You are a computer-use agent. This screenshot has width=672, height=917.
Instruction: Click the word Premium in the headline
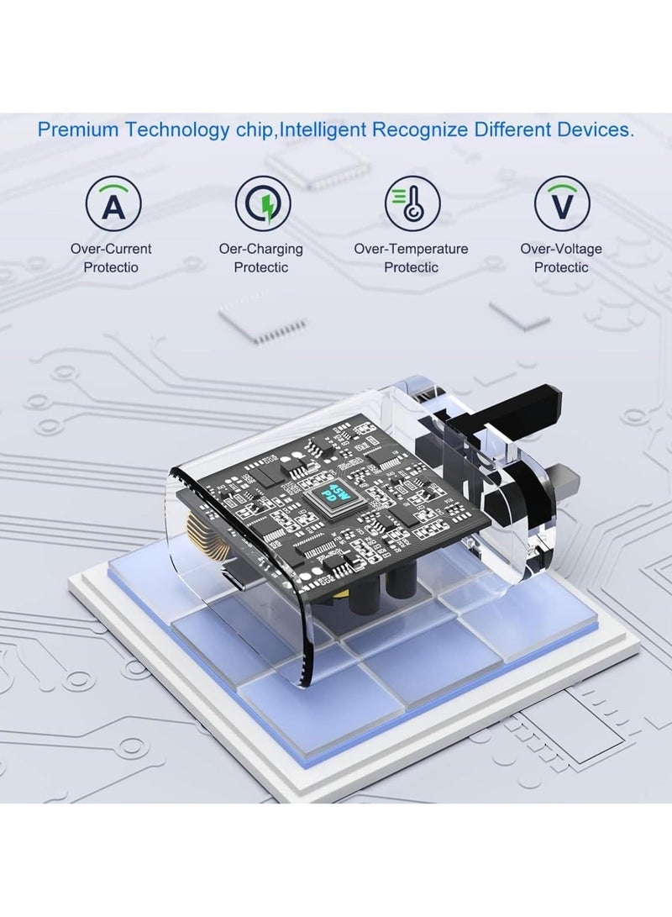coord(78,129)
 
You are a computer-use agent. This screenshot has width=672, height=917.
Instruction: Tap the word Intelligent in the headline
coord(323,129)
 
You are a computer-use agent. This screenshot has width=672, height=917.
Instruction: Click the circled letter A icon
coord(113,203)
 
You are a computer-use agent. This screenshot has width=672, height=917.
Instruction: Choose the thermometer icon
coord(412,203)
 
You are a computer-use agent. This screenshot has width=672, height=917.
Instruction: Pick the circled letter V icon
coord(562,203)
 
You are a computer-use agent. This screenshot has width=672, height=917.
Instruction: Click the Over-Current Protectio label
coord(111,258)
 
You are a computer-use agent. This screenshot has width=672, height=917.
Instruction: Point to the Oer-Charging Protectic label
coord(261,258)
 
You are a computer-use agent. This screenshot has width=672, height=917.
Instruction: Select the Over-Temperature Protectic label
coord(411,258)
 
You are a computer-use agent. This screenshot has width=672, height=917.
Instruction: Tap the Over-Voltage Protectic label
coord(561,258)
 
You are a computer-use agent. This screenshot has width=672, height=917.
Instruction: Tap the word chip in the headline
coord(255,129)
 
